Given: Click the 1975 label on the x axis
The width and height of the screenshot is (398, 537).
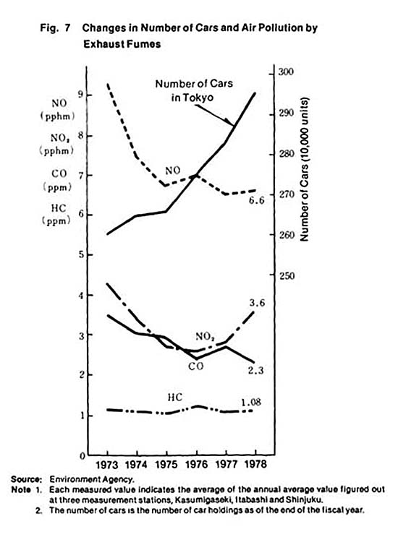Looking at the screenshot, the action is click(166, 464).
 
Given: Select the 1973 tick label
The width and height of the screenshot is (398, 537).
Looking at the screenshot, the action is click(107, 465).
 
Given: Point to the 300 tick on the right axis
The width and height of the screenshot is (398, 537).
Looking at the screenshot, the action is click(286, 72).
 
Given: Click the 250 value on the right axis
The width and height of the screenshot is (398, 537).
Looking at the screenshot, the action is click(287, 275).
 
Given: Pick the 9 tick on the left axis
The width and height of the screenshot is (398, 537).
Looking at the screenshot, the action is click(80, 94).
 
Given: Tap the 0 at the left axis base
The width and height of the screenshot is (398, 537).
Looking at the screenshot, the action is click(82, 456).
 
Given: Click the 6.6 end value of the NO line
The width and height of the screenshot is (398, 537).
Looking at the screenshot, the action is click(256, 200).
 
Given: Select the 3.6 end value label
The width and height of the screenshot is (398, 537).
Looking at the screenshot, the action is click(257, 303).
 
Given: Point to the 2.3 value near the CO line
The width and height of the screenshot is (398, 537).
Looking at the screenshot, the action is click(255, 370).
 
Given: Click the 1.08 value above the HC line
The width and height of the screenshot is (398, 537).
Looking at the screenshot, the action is click(251, 402).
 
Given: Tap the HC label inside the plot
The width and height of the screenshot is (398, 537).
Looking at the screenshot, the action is click(175, 398).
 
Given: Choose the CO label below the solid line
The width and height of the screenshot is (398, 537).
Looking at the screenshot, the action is click(195, 366).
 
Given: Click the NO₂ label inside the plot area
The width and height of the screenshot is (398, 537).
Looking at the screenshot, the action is click(205, 337).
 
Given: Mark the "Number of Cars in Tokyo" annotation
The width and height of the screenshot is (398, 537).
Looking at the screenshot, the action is click(194, 90).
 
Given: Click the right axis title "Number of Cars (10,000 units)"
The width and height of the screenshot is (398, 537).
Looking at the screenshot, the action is click(304, 170).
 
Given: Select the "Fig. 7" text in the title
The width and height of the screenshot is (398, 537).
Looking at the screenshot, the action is click(55, 27).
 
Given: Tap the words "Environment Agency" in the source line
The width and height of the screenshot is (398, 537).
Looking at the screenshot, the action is click(92, 479).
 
